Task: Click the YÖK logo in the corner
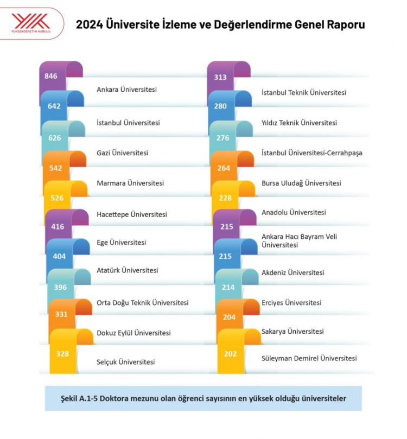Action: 31,23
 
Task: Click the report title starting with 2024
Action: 220,24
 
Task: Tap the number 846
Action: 51,76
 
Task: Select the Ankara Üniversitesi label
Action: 126,90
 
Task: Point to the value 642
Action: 54,106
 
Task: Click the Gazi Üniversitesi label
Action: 122,153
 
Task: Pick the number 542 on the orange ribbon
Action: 56,168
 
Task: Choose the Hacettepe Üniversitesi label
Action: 131,214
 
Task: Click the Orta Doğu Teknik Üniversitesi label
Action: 142,302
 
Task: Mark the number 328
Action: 62,353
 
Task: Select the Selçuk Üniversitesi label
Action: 125,362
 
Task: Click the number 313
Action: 220,77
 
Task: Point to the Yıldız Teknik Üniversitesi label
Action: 299,123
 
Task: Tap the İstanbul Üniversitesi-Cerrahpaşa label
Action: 311,153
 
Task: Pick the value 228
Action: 225,198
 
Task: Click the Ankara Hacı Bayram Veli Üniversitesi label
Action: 298,240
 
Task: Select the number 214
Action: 228,288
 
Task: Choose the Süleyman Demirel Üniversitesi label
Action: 309,359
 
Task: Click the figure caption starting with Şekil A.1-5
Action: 203,398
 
